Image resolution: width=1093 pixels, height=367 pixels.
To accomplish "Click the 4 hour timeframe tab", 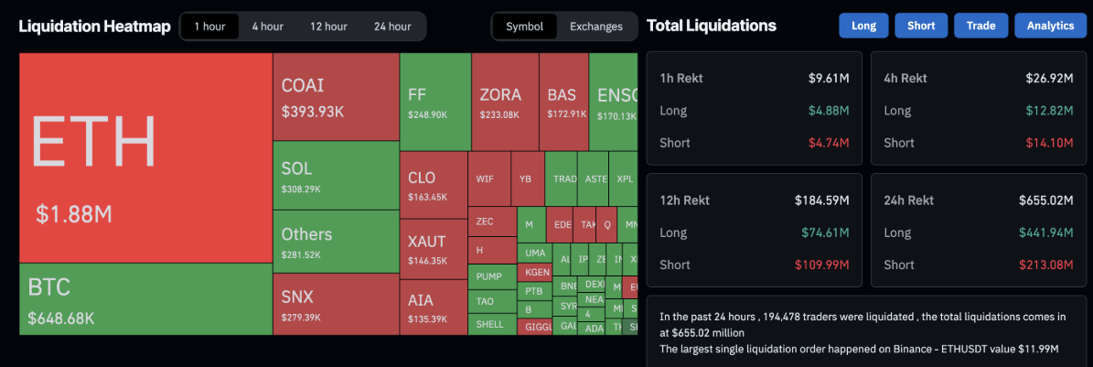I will click(267, 27).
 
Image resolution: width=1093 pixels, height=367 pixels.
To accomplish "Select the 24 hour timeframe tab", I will click(392, 27).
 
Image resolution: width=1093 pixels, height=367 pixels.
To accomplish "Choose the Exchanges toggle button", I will click(596, 27).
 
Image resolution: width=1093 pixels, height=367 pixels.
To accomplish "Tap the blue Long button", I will click(863, 26).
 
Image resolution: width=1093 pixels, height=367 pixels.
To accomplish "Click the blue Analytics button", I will click(1050, 26).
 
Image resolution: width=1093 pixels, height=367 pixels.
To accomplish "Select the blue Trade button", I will click(980, 26).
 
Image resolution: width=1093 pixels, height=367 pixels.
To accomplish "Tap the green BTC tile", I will click(145, 300).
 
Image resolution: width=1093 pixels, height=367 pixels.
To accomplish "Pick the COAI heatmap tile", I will click(336, 97).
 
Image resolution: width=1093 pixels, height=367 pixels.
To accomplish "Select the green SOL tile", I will click(336, 177).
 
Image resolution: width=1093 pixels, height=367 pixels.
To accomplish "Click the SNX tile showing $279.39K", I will click(336, 304).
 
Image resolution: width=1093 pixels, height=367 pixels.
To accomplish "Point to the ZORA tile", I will click(504, 101).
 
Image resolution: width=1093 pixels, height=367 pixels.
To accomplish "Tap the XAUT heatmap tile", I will click(433, 247).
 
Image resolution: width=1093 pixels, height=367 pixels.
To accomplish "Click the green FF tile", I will click(434, 101).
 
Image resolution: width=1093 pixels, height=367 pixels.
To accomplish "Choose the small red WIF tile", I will click(485, 178).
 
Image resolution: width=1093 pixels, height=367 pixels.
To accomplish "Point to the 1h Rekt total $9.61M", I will click(829, 79).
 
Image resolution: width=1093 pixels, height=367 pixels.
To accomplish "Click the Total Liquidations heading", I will click(712, 26).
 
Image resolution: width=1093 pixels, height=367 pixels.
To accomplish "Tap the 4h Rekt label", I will click(905, 79).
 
